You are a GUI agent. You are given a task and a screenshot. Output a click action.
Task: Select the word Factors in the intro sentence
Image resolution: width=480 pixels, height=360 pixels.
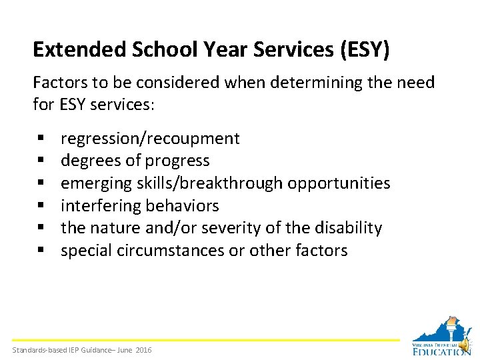tap(58, 83)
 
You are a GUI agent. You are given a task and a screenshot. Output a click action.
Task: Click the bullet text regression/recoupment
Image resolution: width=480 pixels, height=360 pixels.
tap(150, 139)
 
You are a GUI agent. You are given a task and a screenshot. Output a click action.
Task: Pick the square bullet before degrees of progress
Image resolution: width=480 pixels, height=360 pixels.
tap(41, 161)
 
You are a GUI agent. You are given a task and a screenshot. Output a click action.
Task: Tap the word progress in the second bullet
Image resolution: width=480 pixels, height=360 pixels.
tap(177, 161)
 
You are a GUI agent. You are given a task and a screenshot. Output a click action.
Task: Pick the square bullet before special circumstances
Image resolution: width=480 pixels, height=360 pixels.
tap(41, 251)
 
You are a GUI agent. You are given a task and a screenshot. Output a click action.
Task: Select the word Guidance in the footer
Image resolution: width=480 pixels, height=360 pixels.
tap(92, 351)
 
